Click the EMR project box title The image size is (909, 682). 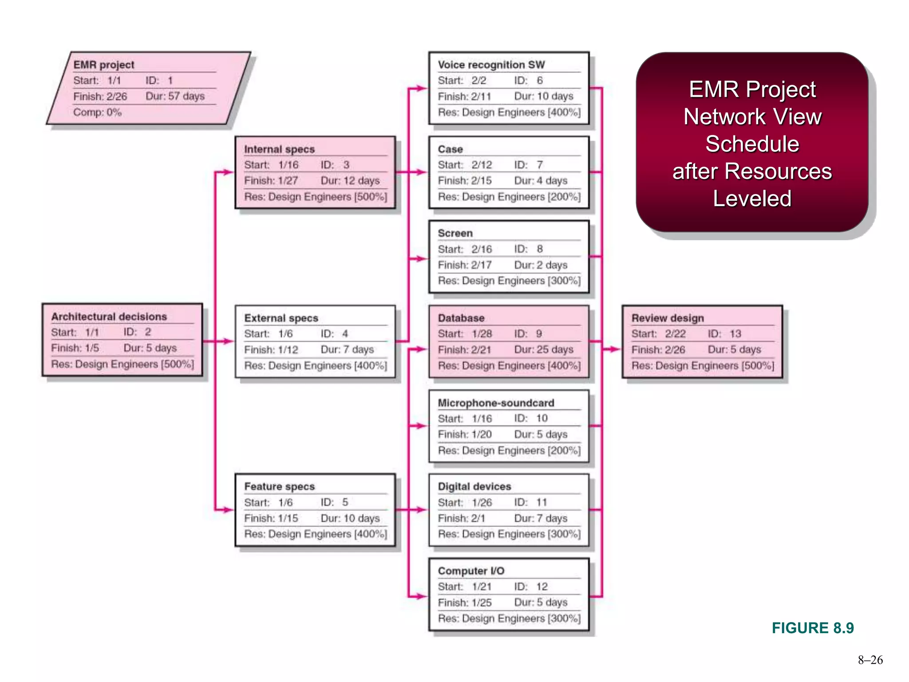pyautogui.click(x=103, y=65)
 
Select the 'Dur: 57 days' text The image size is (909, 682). pyautogui.click(x=175, y=96)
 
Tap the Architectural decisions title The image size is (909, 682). pyautogui.click(x=109, y=317)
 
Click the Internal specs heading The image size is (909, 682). pyautogui.click(x=279, y=149)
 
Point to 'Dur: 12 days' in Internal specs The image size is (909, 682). pyautogui.click(x=350, y=181)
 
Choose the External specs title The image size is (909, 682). pyautogui.click(x=281, y=318)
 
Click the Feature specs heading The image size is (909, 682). pyautogui.click(x=279, y=487)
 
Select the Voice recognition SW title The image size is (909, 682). pyautogui.click(x=491, y=65)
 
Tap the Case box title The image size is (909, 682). pyautogui.click(x=450, y=149)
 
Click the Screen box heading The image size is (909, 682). pyautogui.click(x=455, y=233)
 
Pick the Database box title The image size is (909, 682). pyautogui.click(x=461, y=318)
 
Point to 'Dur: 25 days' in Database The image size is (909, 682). pyautogui.click(x=543, y=350)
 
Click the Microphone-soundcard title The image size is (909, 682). pyautogui.click(x=496, y=403)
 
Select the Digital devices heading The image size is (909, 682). pyautogui.click(x=474, y=487)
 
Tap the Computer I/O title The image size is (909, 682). pyautogui.click(x=471, y=571)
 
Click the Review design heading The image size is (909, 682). pyautogui.click(x=667, y=318)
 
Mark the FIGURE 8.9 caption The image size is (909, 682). pyautogui.click(x=812, y=628)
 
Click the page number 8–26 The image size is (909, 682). pyautogui.click(x=870, y=660)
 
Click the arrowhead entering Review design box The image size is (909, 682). pyautogui.click(x=616, y=349)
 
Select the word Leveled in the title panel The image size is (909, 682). pyautogui.click(x=752, y=198)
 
